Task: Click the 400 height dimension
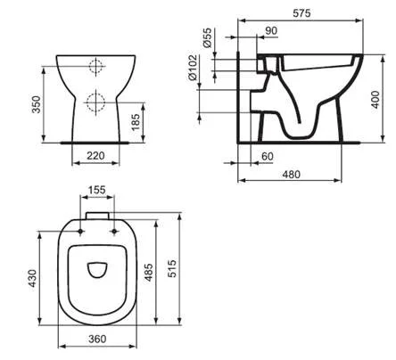click(382, 96)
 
